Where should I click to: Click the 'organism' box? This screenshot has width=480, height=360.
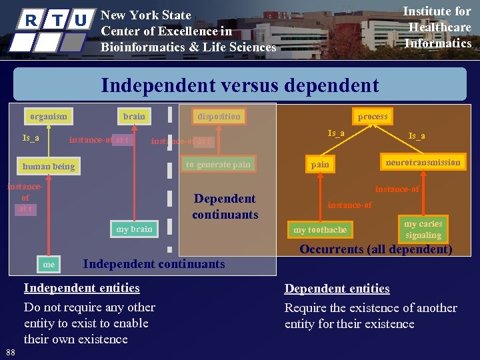click(49, 117)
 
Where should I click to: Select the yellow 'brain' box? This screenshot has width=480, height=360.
click(134, 117)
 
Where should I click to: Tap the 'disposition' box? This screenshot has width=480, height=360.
click(219, 117)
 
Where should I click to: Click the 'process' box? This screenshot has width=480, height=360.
click(372, 117)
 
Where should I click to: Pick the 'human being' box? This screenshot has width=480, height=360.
click(49, 166)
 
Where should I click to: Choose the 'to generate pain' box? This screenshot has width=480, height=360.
click(218, 165)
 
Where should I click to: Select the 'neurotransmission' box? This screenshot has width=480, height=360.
click(423, 163)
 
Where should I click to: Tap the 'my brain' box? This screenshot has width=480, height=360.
click(134, 229)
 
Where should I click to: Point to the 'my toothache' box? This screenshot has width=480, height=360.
click(320, 230)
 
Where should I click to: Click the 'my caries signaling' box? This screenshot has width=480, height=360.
click(423, 229)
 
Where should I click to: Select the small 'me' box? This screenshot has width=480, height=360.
click(49, 265)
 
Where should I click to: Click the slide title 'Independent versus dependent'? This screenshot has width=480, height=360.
click(239, 86)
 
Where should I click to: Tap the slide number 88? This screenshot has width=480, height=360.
click(10, 352)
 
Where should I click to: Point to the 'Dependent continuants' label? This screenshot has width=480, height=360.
click(225, 207)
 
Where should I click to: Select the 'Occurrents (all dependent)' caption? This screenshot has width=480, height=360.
click(376, 250)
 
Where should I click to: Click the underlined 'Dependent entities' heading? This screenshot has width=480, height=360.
click(337, 289)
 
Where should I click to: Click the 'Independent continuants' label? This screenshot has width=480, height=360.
click(153, 264)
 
